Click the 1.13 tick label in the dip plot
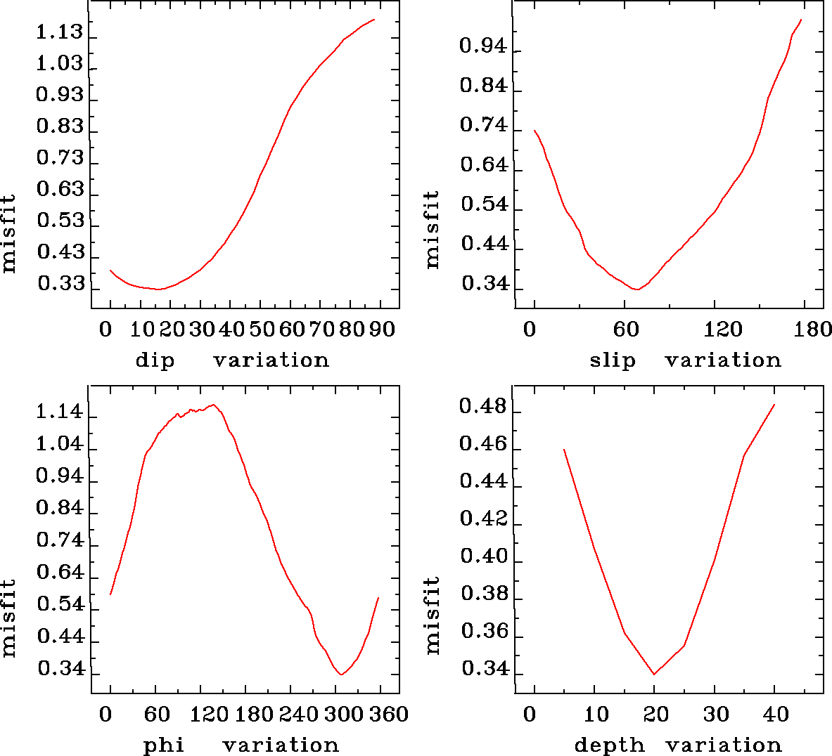point(59,32)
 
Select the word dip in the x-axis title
point(155,360)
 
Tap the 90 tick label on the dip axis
point(383,329)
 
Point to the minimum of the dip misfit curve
point(159,289)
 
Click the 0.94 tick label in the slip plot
point(482,46)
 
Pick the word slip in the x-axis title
point(612,360)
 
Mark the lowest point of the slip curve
point(636,289)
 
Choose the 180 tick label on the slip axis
point(815,329)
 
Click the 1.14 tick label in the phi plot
point(59,412)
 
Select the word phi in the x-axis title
point(164,745)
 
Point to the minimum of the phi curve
point(341,674)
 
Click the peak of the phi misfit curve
point(213,405)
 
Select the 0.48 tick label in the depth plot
point(482,407)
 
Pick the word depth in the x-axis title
point(609,745)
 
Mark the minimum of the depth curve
point(654,674)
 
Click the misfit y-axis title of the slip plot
point(432,229)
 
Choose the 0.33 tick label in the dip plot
point(60,284)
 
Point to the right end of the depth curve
point(774,405)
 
